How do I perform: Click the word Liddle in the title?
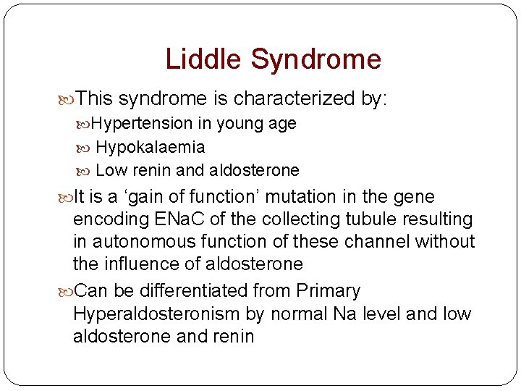click(204, 59)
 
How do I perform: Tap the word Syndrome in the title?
click(315, 59)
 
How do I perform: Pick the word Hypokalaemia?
click(150, 148)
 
